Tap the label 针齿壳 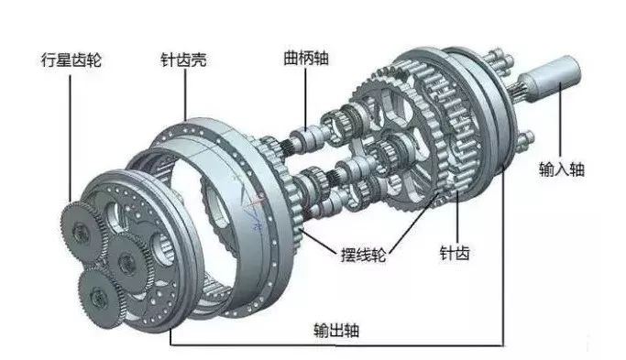[x=183, y=63]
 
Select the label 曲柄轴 [x=307, y=58]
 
